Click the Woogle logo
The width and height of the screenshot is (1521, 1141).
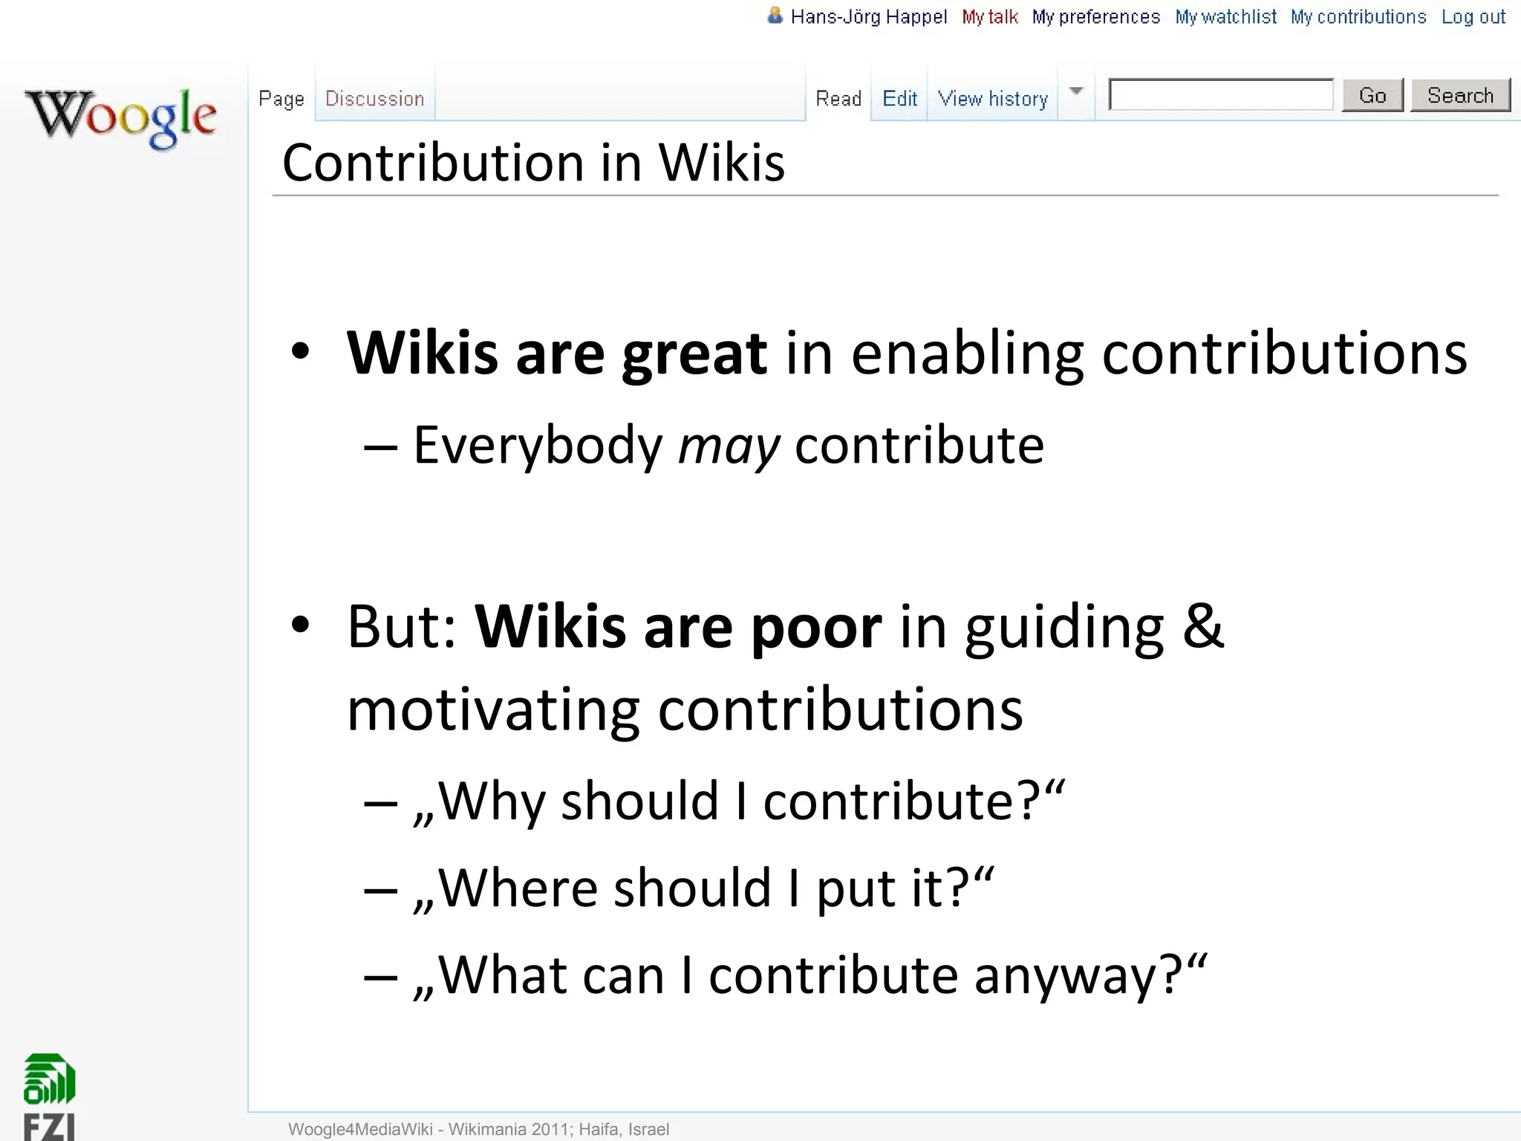(121, 117)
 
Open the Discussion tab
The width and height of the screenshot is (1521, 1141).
(374, 99)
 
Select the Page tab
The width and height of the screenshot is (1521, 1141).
(281, 99)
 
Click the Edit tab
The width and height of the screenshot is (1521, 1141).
(899, 99)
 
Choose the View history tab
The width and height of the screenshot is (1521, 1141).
(992, 99)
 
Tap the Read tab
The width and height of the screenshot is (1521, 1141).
(838, 99)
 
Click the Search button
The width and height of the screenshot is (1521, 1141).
(1459, 95)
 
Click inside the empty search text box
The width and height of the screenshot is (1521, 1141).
(1220, 95)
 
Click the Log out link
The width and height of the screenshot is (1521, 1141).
(1473, 17)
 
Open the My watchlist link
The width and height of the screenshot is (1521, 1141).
(1225, 17)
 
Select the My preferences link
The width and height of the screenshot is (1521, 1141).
(1095, 17)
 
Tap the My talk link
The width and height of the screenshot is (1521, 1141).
(990, 17)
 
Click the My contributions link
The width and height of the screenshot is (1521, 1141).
(1358, 17)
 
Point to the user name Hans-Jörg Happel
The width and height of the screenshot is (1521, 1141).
(868, 17)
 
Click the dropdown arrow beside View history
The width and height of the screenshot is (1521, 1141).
(1076, 91)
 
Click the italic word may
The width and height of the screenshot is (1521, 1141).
(729, 446)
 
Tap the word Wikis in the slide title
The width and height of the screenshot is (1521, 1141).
(721, 163)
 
